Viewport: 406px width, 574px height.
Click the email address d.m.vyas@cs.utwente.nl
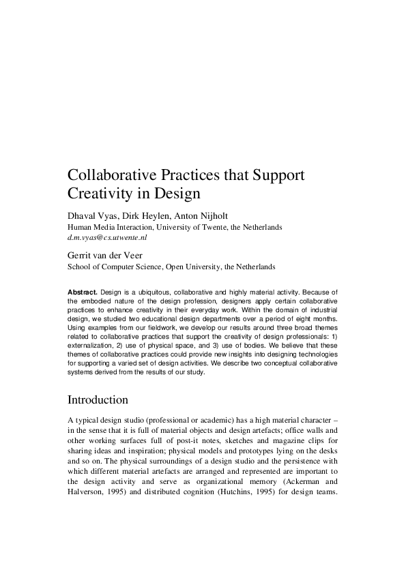pos(107,238)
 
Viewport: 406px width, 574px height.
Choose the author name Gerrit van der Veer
pos(107,255)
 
